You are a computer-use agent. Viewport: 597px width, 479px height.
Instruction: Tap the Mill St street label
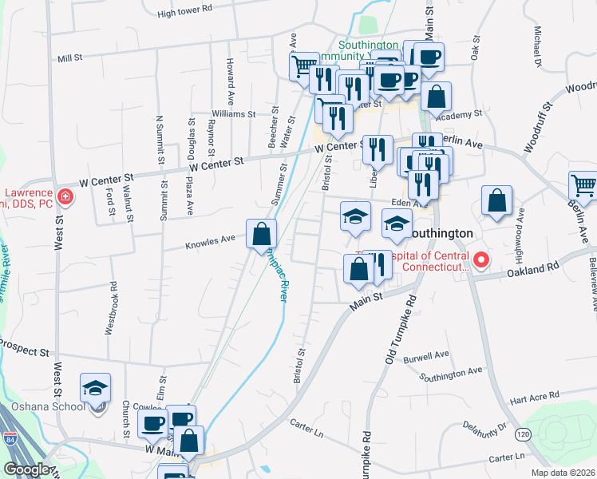tap(70, 58)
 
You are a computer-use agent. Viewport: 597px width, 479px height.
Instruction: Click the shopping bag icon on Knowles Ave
tap(261, 234)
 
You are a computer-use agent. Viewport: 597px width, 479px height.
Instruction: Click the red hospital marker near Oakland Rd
tap(481, 260)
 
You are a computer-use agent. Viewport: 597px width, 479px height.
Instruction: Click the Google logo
tap(26, 469)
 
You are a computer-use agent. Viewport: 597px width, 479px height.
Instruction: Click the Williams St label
tap(233, 114)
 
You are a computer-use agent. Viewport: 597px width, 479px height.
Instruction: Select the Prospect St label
tap(24, 346)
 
